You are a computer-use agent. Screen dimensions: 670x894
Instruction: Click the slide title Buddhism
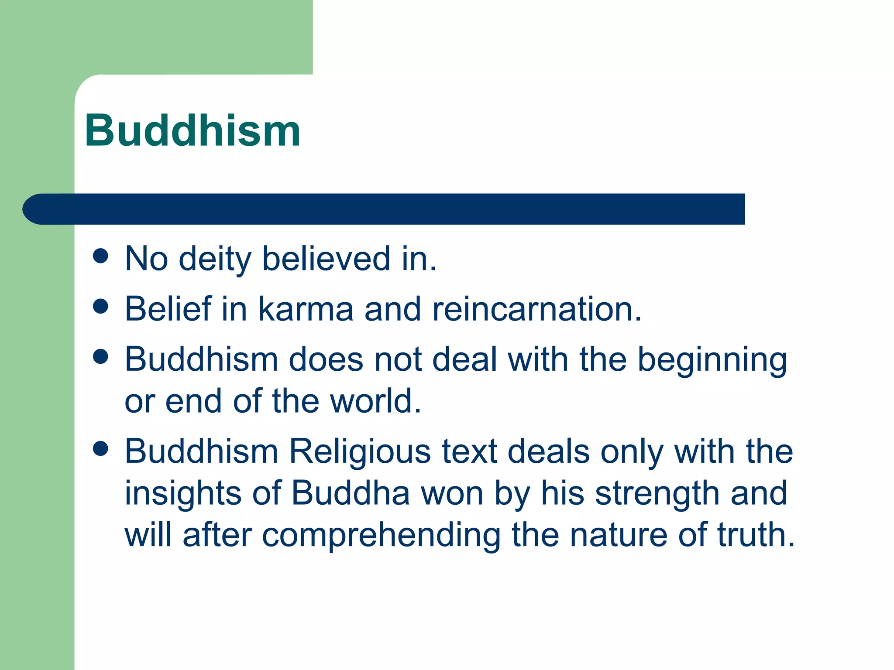pyautogui.click(x=192, y=130)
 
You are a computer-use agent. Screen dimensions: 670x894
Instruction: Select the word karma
pyautogui.click(x=306, y=309)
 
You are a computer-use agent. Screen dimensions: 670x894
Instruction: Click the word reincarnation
pyautogui.click(x=537, y=309)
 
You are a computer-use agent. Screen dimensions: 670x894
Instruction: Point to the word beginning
pyautogui.click(x=712, y=360)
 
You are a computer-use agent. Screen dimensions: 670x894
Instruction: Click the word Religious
pyautogui.click(x=360, y=451)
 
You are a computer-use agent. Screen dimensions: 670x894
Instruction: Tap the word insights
pyautogui.click(x=183, y=493)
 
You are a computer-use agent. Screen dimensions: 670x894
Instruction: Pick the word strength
pyautogui.click(x=657, y=493)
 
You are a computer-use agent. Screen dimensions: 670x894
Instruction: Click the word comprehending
pyautogui.click(x=381, y=535)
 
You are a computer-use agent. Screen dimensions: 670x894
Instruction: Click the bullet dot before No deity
pyautogui.click(x=100, y=256)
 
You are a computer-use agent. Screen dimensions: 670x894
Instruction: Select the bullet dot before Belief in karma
pyautogui.click(x=100, y=306)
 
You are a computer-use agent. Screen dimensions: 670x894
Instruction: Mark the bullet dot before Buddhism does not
pyautogui.click(x=100, y=356)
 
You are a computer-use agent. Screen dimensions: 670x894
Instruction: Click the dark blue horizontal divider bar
pyautogui.click(x=384, y=209)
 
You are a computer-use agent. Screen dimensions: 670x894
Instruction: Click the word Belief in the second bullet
pyautogui.click(x=168, y=309)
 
